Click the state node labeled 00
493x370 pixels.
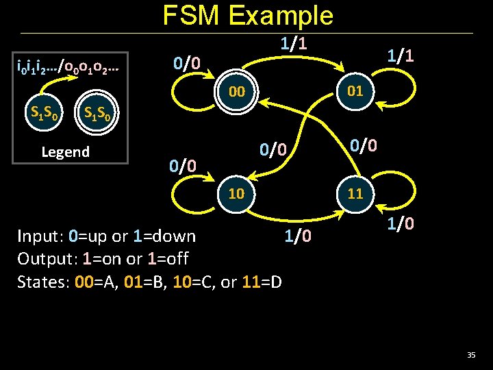pyautogui.click(x=237, y=92)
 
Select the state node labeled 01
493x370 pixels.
pyautogui.click(x=355, y=91)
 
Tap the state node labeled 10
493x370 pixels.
pyautogui.click(x=236, y=193)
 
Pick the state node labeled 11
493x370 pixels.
pyautogui.click(x=355, y=193)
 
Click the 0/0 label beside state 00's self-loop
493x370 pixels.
pyautogui.click(x=186, y=64)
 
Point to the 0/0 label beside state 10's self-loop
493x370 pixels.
pyautogui.click(x=183, y=165)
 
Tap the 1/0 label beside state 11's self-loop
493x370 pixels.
pyautogui.click(x=400, y=224)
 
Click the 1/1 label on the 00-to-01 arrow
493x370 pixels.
pyautogui.click(x=292, y=44)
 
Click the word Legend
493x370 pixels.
pyautogui.click(x=65, y=151)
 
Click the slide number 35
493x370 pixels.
pyautogui.click(x=470, y=354)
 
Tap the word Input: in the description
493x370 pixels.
pyautogui.click(x=40, y=236)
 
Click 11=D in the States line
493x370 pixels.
pyautogui.click(x=262, y=282)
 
